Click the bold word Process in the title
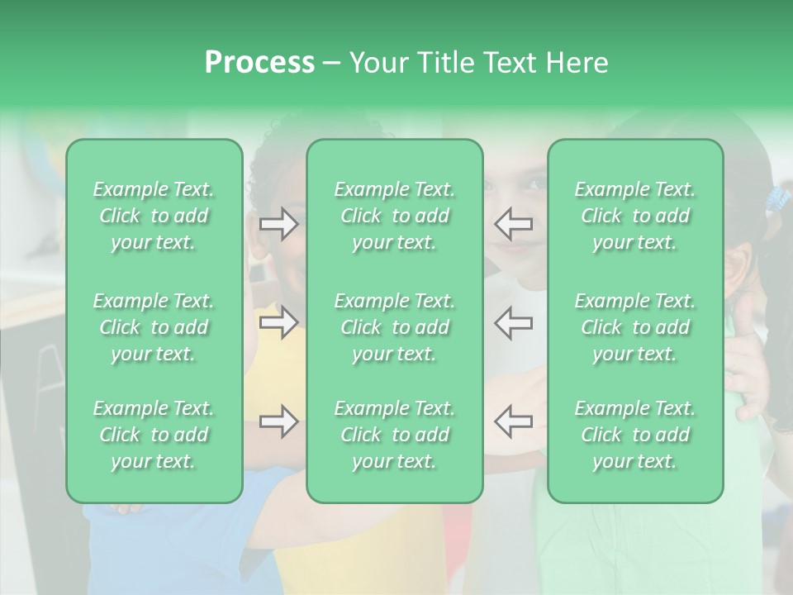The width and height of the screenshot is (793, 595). tap(259, 63)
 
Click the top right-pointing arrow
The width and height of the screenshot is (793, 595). tap(278, 224)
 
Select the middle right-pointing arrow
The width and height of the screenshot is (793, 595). tap(278, 323)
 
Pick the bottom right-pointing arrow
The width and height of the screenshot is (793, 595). tap(278, 422)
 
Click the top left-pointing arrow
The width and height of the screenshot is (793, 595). tap(514, 223)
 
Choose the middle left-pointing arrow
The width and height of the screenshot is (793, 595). tap(514, 322)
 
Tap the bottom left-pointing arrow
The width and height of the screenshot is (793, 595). tap(514, 421)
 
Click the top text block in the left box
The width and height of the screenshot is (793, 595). tap(154, 217)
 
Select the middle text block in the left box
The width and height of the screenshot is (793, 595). tap(154, 327)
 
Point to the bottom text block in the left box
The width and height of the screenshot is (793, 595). tap(154, 435)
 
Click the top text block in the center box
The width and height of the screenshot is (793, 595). tap(395, 217)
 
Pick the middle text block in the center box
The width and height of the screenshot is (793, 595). tap(395, 327)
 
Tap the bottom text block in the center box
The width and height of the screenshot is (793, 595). tap(395, 435)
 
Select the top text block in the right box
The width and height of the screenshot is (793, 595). tap(635, 217)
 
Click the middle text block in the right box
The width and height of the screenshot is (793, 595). tap(635, 327)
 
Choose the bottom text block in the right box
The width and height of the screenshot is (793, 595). tap(635, 435)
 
